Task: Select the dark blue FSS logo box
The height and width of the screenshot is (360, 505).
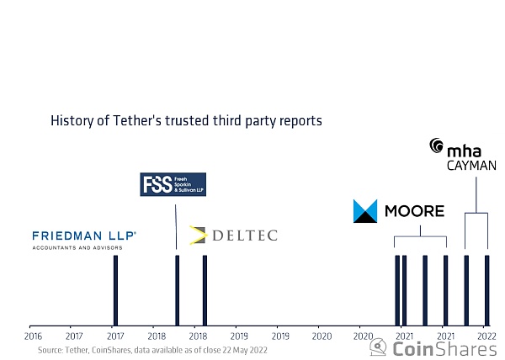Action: (x=173, y=184)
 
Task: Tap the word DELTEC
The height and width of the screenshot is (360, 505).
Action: (x=243, y=236)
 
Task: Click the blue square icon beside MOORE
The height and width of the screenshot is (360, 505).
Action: (x=365, y=211)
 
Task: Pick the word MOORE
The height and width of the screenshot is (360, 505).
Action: (x=413, y=211)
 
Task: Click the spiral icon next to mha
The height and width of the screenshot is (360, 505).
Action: (x=436, y=146)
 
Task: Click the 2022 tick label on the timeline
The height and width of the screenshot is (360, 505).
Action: (x=485, y=336)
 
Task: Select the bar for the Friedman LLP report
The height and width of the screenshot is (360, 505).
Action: (x=115, y=290)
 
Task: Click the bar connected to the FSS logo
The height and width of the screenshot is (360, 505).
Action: (x=177, y=290)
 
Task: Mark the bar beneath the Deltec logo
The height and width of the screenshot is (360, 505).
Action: (x=205, y=290)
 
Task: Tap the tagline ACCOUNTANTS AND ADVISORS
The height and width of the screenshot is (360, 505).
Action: (x=77, y=248)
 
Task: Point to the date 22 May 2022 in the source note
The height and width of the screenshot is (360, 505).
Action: (x=243, y=349)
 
